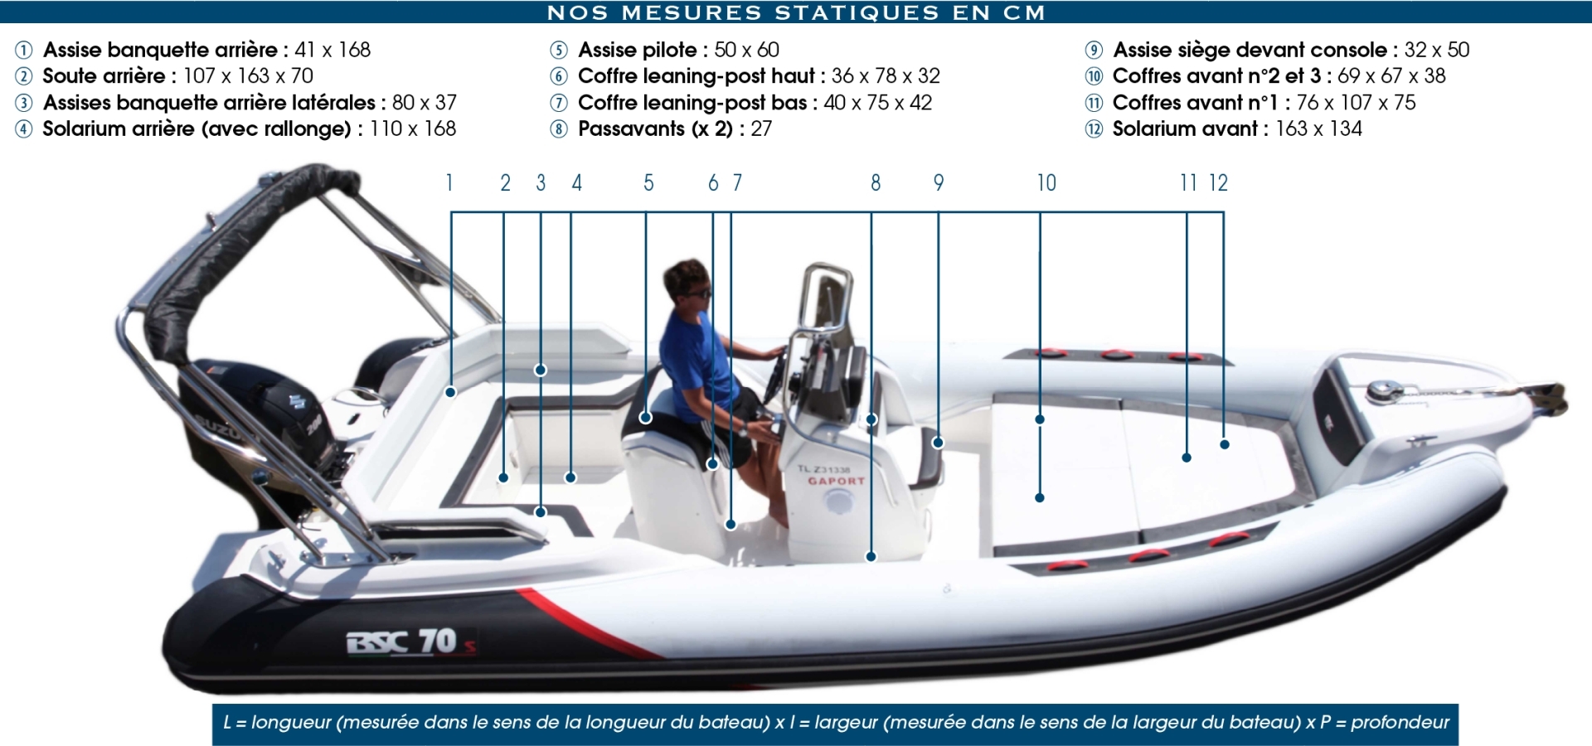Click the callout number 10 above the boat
pos(1046,183)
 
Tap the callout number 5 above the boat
pos(648,183)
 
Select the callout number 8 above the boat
pos(876,183)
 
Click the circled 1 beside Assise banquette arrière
pos(24,51)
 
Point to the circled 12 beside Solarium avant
pos(1094,129)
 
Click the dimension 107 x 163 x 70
pos(248,76)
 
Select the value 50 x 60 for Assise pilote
pos(746,50)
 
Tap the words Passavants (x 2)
pos(655,129)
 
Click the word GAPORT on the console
pos(836,481)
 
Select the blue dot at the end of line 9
pos(938,443)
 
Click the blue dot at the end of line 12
pos(1225,444)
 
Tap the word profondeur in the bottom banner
pos(1400,723)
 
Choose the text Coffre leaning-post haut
pos(696,76)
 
